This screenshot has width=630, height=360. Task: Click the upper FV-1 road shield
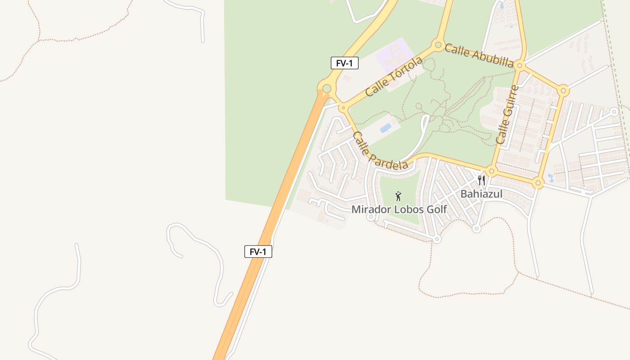point(344,63)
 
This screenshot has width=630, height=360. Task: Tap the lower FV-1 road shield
point(258,252)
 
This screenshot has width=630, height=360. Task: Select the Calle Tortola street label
point(394,76)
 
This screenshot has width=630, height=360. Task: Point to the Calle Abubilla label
point(479,55)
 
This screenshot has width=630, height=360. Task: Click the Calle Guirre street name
point(507,115)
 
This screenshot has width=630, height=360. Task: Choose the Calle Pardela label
point(380,151)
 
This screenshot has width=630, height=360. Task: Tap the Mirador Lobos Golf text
point(399,209)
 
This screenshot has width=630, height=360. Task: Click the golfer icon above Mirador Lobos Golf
point(398,196)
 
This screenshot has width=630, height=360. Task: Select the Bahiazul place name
point(481,194)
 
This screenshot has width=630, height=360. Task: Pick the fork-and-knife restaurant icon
point(481,180)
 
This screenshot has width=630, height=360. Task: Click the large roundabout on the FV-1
point(327,89)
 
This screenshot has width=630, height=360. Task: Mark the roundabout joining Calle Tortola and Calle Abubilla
point(437,45)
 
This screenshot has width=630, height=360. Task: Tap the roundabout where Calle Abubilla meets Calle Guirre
point(520,66)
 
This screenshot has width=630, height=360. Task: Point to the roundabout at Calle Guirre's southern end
point(491,171)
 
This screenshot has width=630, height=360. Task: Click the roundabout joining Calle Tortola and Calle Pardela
point(343,108)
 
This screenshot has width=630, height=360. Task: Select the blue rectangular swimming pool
point(386,128)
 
